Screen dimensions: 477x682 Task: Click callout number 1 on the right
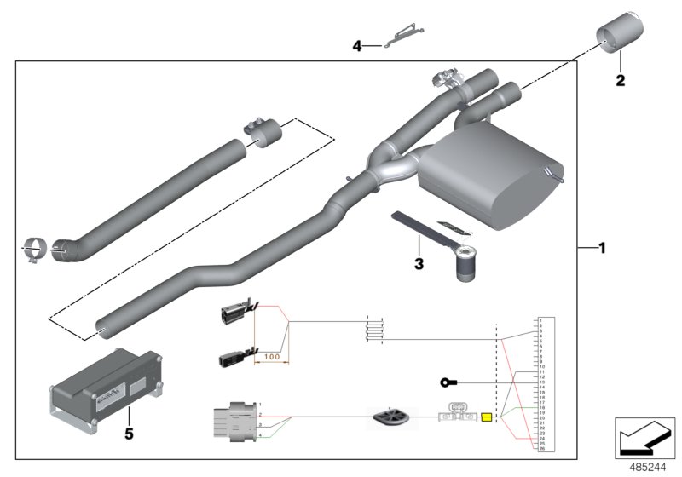(x=602, y=249)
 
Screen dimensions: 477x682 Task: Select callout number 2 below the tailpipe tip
(x=620, y=81)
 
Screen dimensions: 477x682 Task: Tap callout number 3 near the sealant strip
(x=419, y=265)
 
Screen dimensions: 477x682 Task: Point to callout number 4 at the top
(x=358, y=47)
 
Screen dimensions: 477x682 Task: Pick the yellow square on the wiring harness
(x=487, y=417)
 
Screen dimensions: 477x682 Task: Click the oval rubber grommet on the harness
(x=391, y=418)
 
